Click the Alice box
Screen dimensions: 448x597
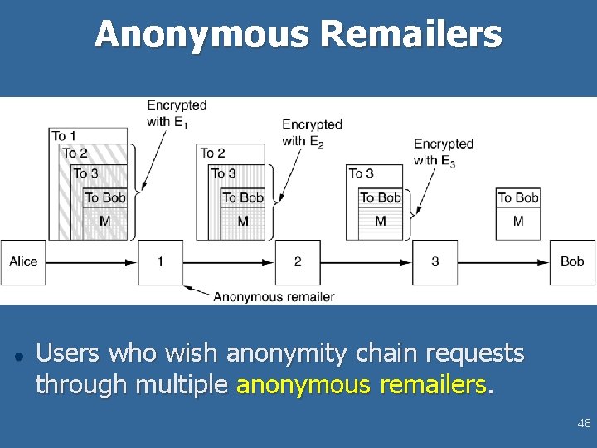(x=23, y=261)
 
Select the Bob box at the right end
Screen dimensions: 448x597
(x=572, y=261)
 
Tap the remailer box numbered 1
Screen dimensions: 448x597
(x=160, y=261)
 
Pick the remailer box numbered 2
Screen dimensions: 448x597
(x=298, y=261)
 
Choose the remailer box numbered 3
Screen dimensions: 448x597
(x=435, y=261)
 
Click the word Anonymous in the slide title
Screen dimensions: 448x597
(x=201, y=35)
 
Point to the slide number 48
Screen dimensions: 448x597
(x=584, y=424)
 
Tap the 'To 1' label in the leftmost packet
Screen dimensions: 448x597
(x=64, y=135)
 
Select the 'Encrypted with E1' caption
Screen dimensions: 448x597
(x=176, y=114)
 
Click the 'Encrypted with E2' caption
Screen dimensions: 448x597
(x=312, y=133)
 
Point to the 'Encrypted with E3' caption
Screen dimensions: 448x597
(x=444, y=152)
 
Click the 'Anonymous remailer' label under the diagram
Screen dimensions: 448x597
(x=274, y=296)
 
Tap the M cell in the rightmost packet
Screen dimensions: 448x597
(x=518, y=221)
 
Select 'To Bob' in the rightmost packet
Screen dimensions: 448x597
(x=518, y=197)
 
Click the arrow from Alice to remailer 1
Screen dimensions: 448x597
(x=91, y=261)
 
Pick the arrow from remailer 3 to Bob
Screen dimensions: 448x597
(x=504, y=261)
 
